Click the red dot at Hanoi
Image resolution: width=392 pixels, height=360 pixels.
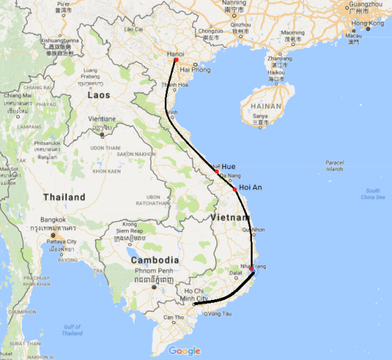tap(176, 60)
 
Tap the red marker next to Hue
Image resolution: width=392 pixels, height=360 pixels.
tap(217, 172)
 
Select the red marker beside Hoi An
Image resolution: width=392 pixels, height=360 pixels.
tap(235, 189)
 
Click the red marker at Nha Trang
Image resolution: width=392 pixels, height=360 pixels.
tap(251, 269)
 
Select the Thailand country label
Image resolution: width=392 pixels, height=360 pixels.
tap(64, 197)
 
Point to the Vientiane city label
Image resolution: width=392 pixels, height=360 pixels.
tap(102, 119)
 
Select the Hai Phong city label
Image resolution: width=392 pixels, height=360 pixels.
tap(195, 70)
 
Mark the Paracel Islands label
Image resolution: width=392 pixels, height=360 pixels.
tap(334, 166)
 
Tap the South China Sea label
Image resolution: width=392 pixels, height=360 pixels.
tap(373, 194)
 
